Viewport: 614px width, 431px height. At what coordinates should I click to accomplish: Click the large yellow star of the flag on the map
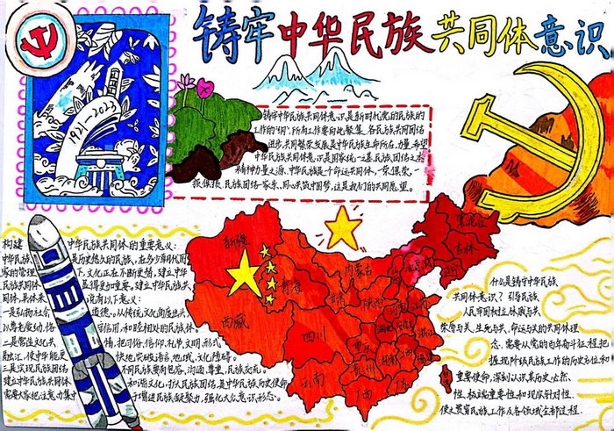(x=244, y=277)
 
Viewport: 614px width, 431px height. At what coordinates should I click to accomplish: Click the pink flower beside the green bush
(x=204, y=87)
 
